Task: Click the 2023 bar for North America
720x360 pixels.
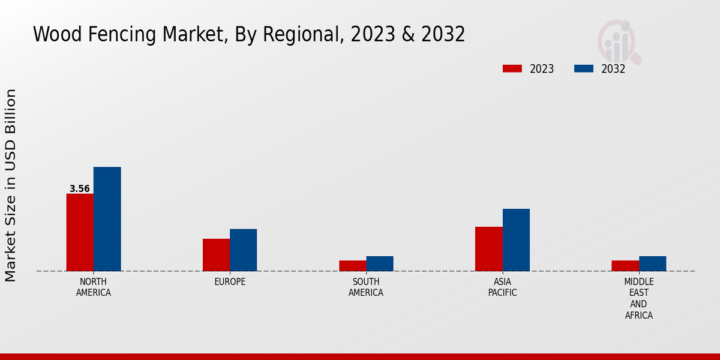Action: pyautogui.click(x=80, y=232)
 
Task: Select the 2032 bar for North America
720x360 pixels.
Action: pyautogui.click(x=107, y=219)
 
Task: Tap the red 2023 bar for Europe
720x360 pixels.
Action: pyautogui.click(x=216, y=255)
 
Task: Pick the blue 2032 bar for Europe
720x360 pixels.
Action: pyautogui.click(x=243, y=250)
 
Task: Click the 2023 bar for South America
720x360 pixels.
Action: pyautogui.click(x=352, y=266)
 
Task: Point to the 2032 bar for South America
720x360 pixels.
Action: pyautogui.click(x=380, y=264)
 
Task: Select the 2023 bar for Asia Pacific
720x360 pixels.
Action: pyautogui.click(x=488, y=249)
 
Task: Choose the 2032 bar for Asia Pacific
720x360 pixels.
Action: pyautogui.click(x=516, y=240)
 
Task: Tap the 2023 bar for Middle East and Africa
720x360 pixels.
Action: pyautogui.click(x=625, y=266)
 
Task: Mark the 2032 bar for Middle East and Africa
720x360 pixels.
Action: pyautogui.click(x=652, y=264)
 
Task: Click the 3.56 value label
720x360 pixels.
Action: pyautogui.click(x=80, y=189)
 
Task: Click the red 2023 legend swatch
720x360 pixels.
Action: pyautogui.click(x=512, y=68)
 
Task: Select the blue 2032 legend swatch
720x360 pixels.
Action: pyautogui.click(x=583, y=68)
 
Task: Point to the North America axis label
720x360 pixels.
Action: pyautogui.click(x=94, y=287)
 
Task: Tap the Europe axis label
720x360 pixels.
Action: pyautogui.click(x=230, y=282)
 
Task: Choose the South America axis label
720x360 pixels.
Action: pyautogui.click(x=366, y=287)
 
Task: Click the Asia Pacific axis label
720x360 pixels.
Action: pyautogui.click(x=502, y=287)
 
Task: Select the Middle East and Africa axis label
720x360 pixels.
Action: pyautogui.click(x=638, y=299)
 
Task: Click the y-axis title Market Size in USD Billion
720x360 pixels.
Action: pyautogui.click(x=11, y=185)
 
